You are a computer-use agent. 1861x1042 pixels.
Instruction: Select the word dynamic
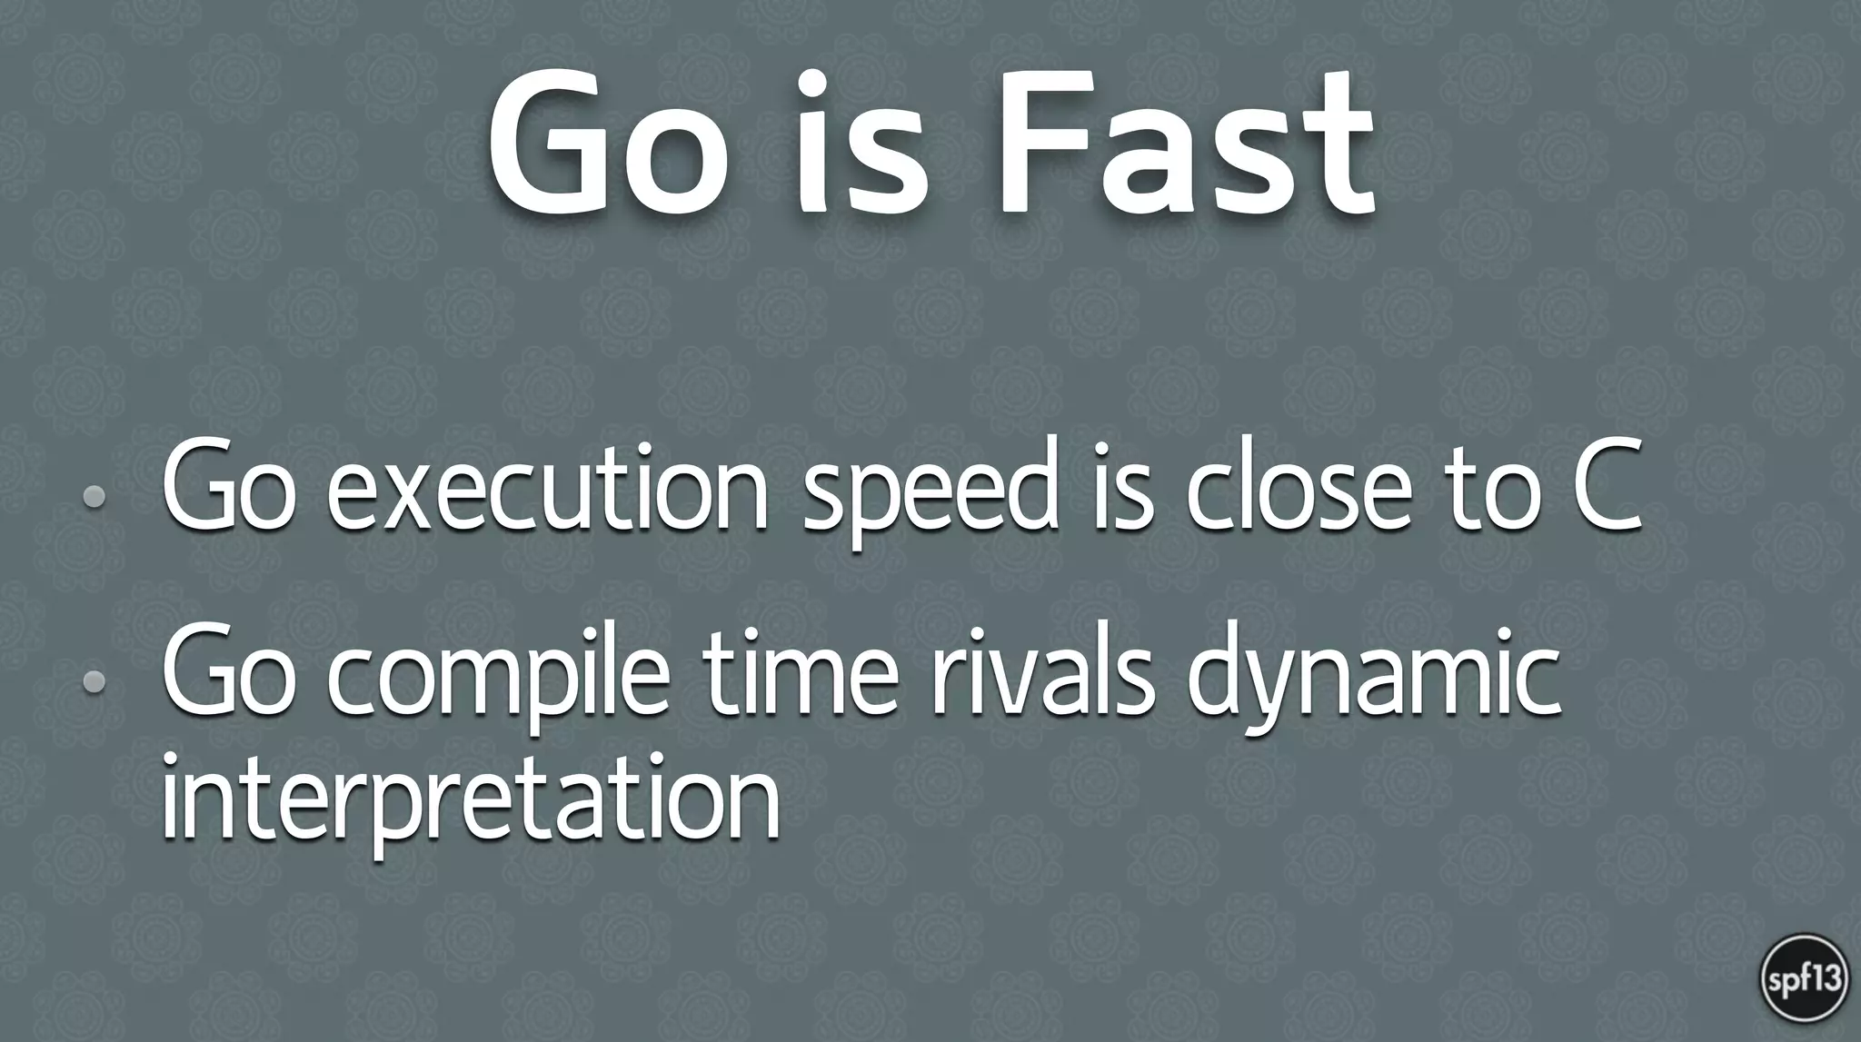pos(1372,677)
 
